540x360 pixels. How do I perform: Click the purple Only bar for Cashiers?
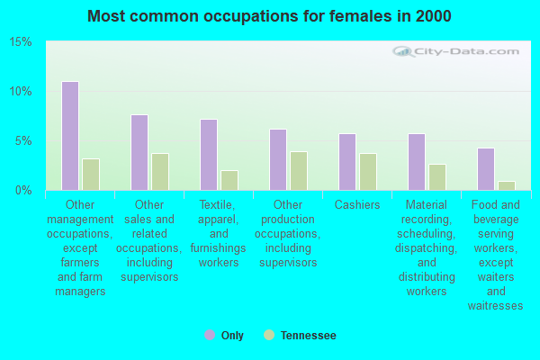[347, 162]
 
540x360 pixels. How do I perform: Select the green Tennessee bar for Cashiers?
[368, 172]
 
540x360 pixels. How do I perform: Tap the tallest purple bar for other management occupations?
[70, 136]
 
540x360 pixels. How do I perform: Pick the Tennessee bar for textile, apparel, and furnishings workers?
[229, 180]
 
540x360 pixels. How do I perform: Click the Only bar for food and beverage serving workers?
[486, 169]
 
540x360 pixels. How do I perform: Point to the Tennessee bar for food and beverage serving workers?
[507, 185]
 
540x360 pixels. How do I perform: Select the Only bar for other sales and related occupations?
[139, 152]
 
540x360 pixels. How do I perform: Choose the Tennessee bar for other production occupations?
[299, 171]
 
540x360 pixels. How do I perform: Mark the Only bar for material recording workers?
[417, 162]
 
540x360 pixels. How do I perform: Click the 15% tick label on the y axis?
[21, 42]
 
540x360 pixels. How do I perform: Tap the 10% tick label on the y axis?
[21, 92]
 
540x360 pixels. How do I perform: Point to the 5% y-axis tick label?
[23, 141]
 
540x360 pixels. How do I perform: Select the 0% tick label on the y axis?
[23, 190]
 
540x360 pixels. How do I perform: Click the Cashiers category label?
[357, 204]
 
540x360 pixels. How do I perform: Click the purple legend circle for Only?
[210, 335]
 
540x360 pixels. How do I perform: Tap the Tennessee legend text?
[308, 335]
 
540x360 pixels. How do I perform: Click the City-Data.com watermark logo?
[455, 51]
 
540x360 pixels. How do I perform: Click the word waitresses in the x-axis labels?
[495, 306]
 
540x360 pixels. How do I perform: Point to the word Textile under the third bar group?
[217, 205]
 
